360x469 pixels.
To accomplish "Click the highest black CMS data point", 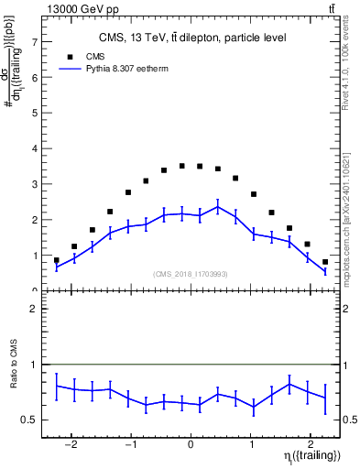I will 182,166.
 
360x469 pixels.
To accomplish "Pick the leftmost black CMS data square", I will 57,260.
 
